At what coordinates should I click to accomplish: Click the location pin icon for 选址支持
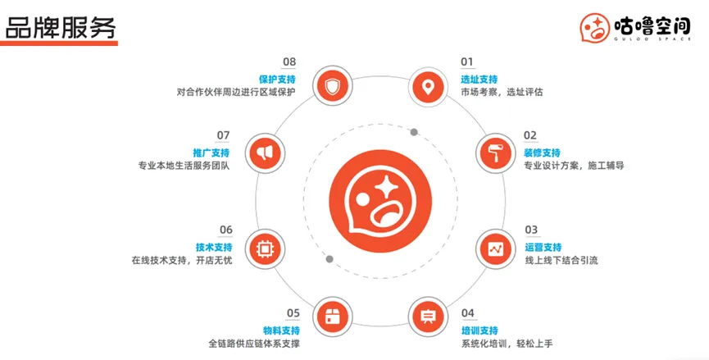(426, 86)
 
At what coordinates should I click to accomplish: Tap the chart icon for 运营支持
(496, 248)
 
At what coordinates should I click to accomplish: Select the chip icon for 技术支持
(264, 248)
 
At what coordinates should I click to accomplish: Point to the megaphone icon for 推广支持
(264, 153)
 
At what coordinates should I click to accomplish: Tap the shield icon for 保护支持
(331, 86)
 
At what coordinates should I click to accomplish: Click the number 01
(467, 62)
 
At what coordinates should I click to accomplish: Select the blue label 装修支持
(542, 153)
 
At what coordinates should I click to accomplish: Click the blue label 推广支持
(211, 153)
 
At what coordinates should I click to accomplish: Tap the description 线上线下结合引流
(561, 261)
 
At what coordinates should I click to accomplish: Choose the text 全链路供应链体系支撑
(253, 343)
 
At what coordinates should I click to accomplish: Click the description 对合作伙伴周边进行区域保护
(235, 92)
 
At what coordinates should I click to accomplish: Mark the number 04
(467, 313)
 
